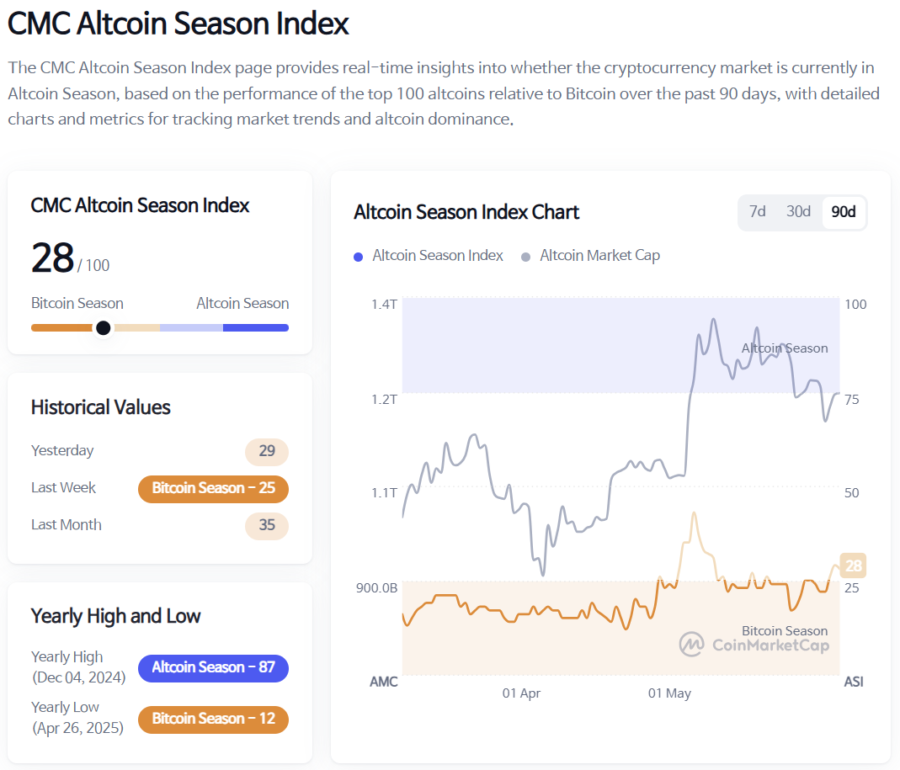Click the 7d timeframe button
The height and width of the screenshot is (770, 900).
click(758, 211)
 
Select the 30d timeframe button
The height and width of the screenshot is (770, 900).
click(798, 211)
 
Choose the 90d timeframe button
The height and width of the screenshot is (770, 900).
click(843, 212)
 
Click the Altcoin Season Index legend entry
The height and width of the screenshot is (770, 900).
click(429, 256)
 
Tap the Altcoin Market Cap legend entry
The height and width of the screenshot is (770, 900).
click(591, 256)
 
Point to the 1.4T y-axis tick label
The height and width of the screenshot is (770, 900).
click(384, 304)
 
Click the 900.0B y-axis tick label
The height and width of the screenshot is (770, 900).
click(377, 587)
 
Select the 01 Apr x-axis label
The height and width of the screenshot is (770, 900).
click(521, 693)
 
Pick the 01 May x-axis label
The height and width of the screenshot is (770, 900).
click(669, 693)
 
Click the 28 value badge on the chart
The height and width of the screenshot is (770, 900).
click(854, 566)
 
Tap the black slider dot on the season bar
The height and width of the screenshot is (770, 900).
click(103, 327)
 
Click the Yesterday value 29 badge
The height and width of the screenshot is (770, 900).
click(267, 451)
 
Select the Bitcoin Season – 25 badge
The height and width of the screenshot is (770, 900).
click(213, 488)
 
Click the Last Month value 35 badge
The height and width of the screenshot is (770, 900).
click(267, 525)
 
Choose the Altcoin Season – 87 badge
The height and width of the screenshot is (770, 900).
click(213, 667)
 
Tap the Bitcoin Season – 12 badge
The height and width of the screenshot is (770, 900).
click(213, 719)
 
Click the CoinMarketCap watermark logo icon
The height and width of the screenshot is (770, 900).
click(692, 645)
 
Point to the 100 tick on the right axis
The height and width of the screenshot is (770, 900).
click(855, 304)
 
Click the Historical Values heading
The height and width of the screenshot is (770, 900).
click(101, 407)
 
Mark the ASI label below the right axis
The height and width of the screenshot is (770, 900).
click(854, 682)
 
